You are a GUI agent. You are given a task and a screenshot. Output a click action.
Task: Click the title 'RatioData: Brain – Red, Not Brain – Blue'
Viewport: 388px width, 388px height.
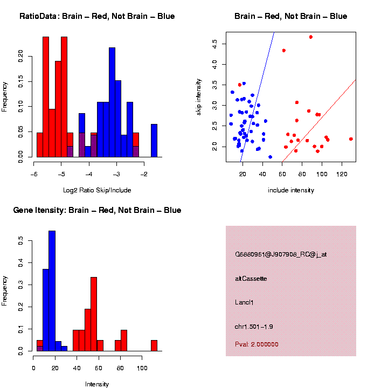(x=97, y=16)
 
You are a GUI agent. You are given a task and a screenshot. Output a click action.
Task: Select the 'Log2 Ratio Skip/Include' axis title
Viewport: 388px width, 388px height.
(x=97, y=190)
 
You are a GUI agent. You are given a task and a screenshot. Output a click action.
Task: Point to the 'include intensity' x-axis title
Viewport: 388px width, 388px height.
(x=291, y=190)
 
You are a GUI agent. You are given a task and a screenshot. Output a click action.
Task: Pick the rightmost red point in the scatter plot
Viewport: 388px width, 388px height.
(x=351, y=139)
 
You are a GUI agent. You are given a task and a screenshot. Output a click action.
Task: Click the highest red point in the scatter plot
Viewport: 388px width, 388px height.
(x=311, y=37)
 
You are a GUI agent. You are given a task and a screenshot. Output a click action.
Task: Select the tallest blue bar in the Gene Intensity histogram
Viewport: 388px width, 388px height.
(x=52, y=291)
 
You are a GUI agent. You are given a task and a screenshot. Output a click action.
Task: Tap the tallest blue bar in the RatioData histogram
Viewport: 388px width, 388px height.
(x=112, y=102)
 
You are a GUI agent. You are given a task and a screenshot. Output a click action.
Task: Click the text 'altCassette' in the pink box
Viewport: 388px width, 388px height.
(x=251, y=279)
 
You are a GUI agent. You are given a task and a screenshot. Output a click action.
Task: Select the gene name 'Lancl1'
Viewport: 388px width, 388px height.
(x=244, y=302)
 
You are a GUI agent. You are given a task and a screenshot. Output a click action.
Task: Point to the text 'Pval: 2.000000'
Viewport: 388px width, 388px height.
(x=257, y=344)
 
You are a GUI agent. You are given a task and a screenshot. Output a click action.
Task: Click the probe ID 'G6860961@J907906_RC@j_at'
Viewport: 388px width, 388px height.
(x=281, y=254)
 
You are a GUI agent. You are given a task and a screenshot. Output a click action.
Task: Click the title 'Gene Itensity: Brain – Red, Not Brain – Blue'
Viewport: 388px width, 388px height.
(x=97, y=210)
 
